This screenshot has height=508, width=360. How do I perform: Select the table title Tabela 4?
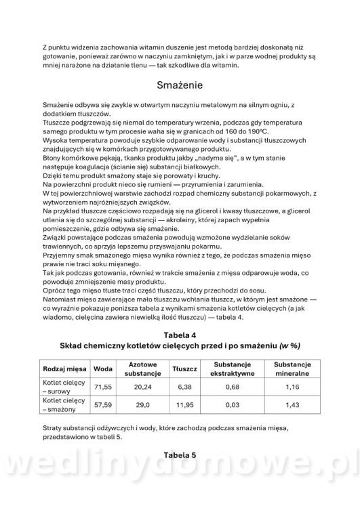(x=180, y=335)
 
